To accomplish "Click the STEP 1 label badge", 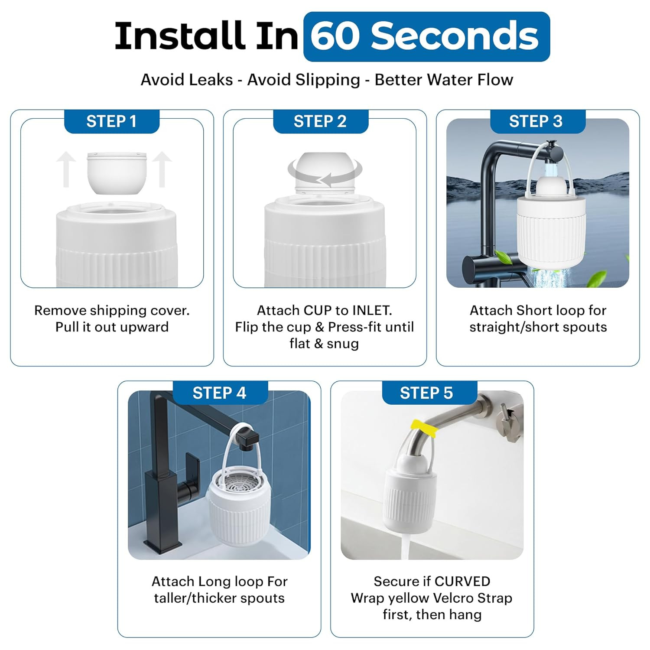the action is [112, 121].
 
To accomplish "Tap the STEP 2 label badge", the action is [321, 121].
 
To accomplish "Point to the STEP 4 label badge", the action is [220, 393].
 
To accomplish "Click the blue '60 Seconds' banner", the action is [426, 36].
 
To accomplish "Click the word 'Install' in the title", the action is [178, 36].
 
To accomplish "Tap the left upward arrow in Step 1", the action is [66, 169].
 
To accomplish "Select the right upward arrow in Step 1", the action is [162, 169].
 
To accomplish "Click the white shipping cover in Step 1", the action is [117, 172].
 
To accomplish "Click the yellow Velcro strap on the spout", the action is [424, 427].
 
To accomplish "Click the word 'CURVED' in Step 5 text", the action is [462, 581].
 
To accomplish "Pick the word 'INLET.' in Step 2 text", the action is [372, 310].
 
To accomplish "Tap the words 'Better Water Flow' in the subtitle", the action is [444, 80].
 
